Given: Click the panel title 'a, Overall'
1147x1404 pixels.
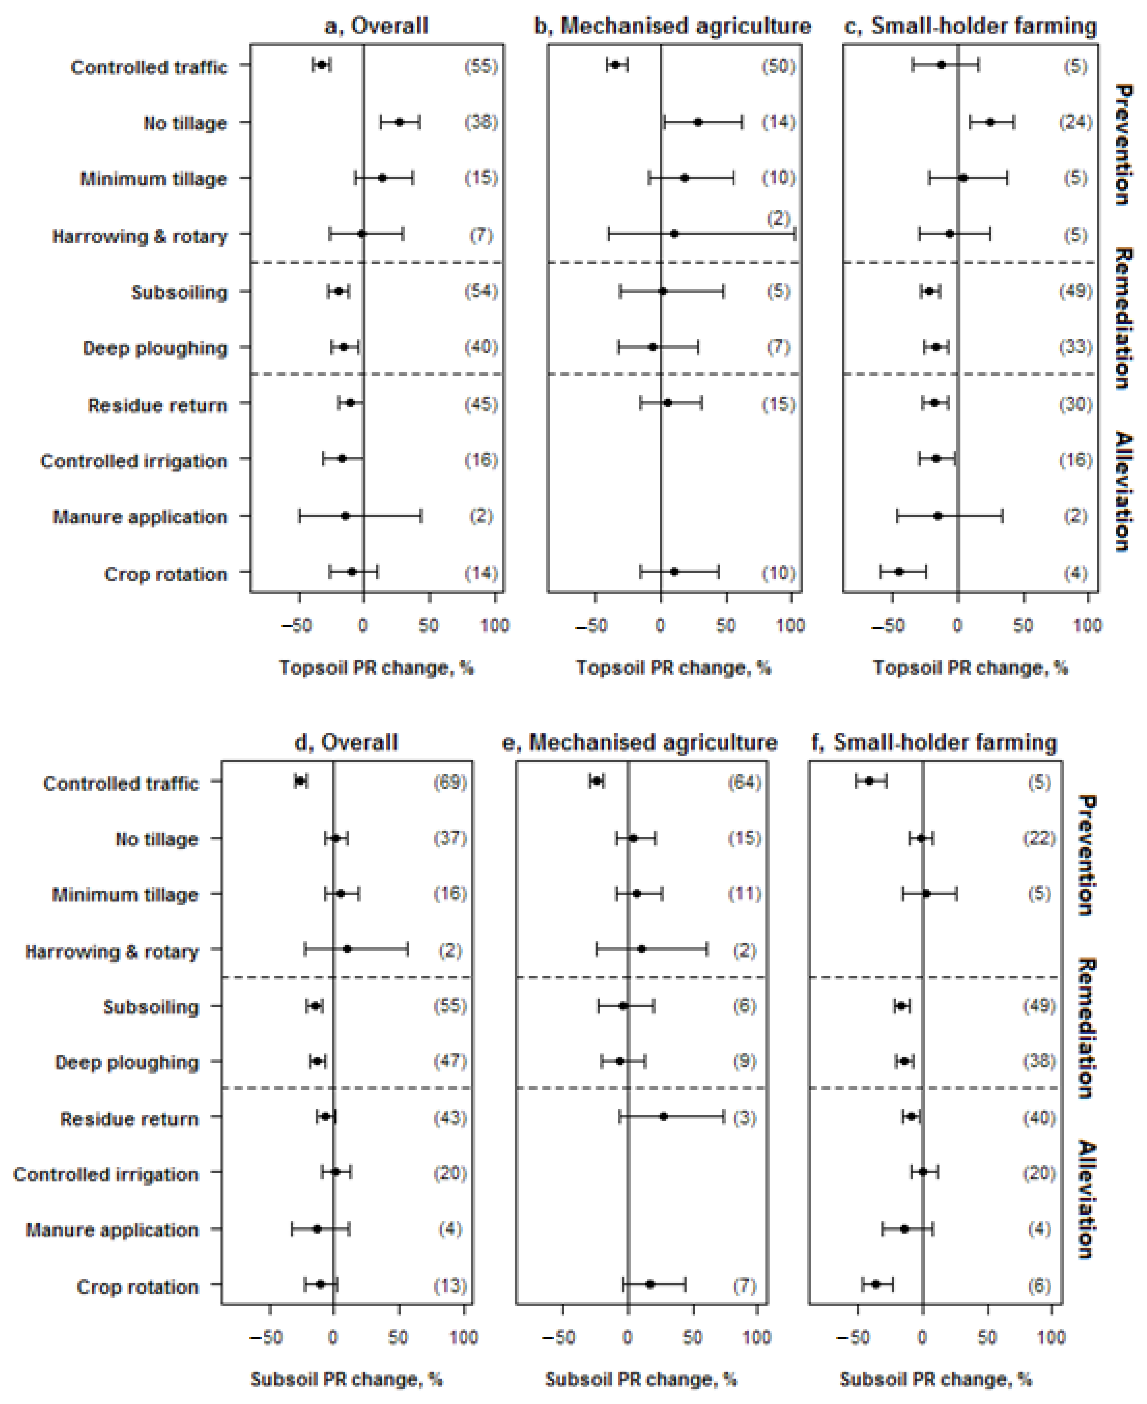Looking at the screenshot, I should point(376,27).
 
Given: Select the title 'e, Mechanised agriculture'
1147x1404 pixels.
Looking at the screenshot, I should point(640,743).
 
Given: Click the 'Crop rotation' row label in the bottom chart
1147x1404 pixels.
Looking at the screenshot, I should point(137,1287).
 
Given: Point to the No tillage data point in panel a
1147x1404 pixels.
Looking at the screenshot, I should point(399,122).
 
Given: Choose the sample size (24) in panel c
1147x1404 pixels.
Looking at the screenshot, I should point(1075,122).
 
